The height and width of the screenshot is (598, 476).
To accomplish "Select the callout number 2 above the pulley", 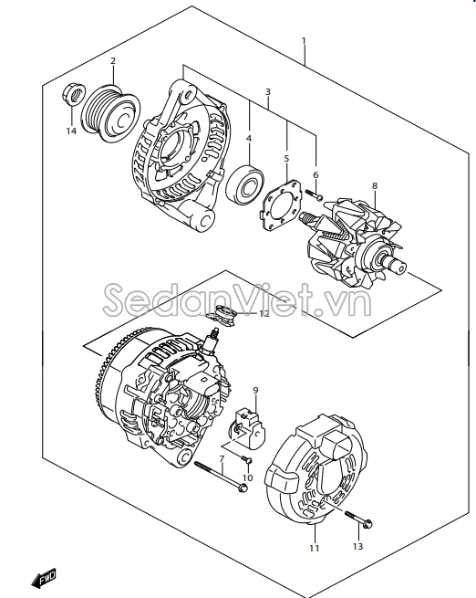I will click(113, 62).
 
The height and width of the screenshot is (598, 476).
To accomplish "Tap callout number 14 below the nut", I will click(71, 131).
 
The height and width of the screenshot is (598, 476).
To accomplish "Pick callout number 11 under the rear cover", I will click(314, 548).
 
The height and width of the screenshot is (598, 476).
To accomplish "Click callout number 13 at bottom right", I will click(357, 546).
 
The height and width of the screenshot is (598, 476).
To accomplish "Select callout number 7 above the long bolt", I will click(221, 458).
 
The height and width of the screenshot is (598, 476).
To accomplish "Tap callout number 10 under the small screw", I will click(247, 478).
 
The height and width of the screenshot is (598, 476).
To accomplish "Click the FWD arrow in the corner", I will click(44, 576).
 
